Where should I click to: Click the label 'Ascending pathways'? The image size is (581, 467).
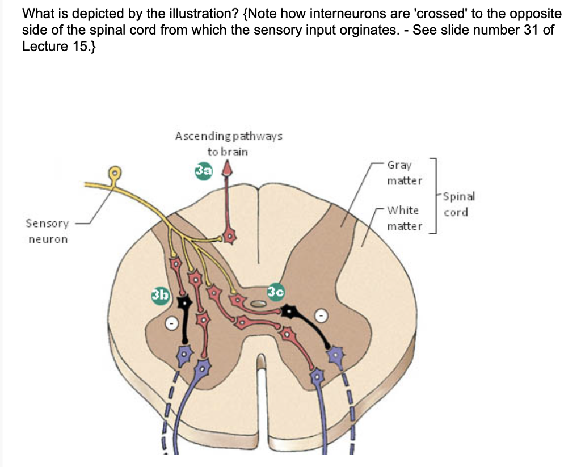pyautogui.click(x=229, y=136)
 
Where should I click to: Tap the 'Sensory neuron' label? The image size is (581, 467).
pyautogui.click(x=48, y=231)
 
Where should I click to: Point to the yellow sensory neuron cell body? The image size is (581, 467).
pyautogui.click(x=116, y=171)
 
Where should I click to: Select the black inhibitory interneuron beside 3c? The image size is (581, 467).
pyautogui.click(x=292, y=312)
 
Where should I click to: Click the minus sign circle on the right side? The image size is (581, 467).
pyautogui.click(x=321, y=315)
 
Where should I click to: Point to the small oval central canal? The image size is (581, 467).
pyautogui.click(x=259, y=304)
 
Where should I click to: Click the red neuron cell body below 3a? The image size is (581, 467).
pyautogui.click(x=229, y=235)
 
